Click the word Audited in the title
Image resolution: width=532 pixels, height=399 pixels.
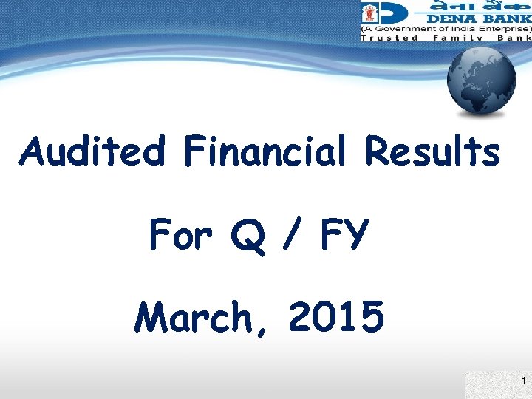[93, 152]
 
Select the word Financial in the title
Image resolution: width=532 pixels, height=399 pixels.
[263, 152]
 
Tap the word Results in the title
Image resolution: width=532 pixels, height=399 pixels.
[432, 152]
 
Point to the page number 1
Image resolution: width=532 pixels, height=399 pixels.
[523, 381]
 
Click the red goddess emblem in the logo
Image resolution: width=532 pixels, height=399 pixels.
[371, 13]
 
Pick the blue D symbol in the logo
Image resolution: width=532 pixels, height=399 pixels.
[399, 14]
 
